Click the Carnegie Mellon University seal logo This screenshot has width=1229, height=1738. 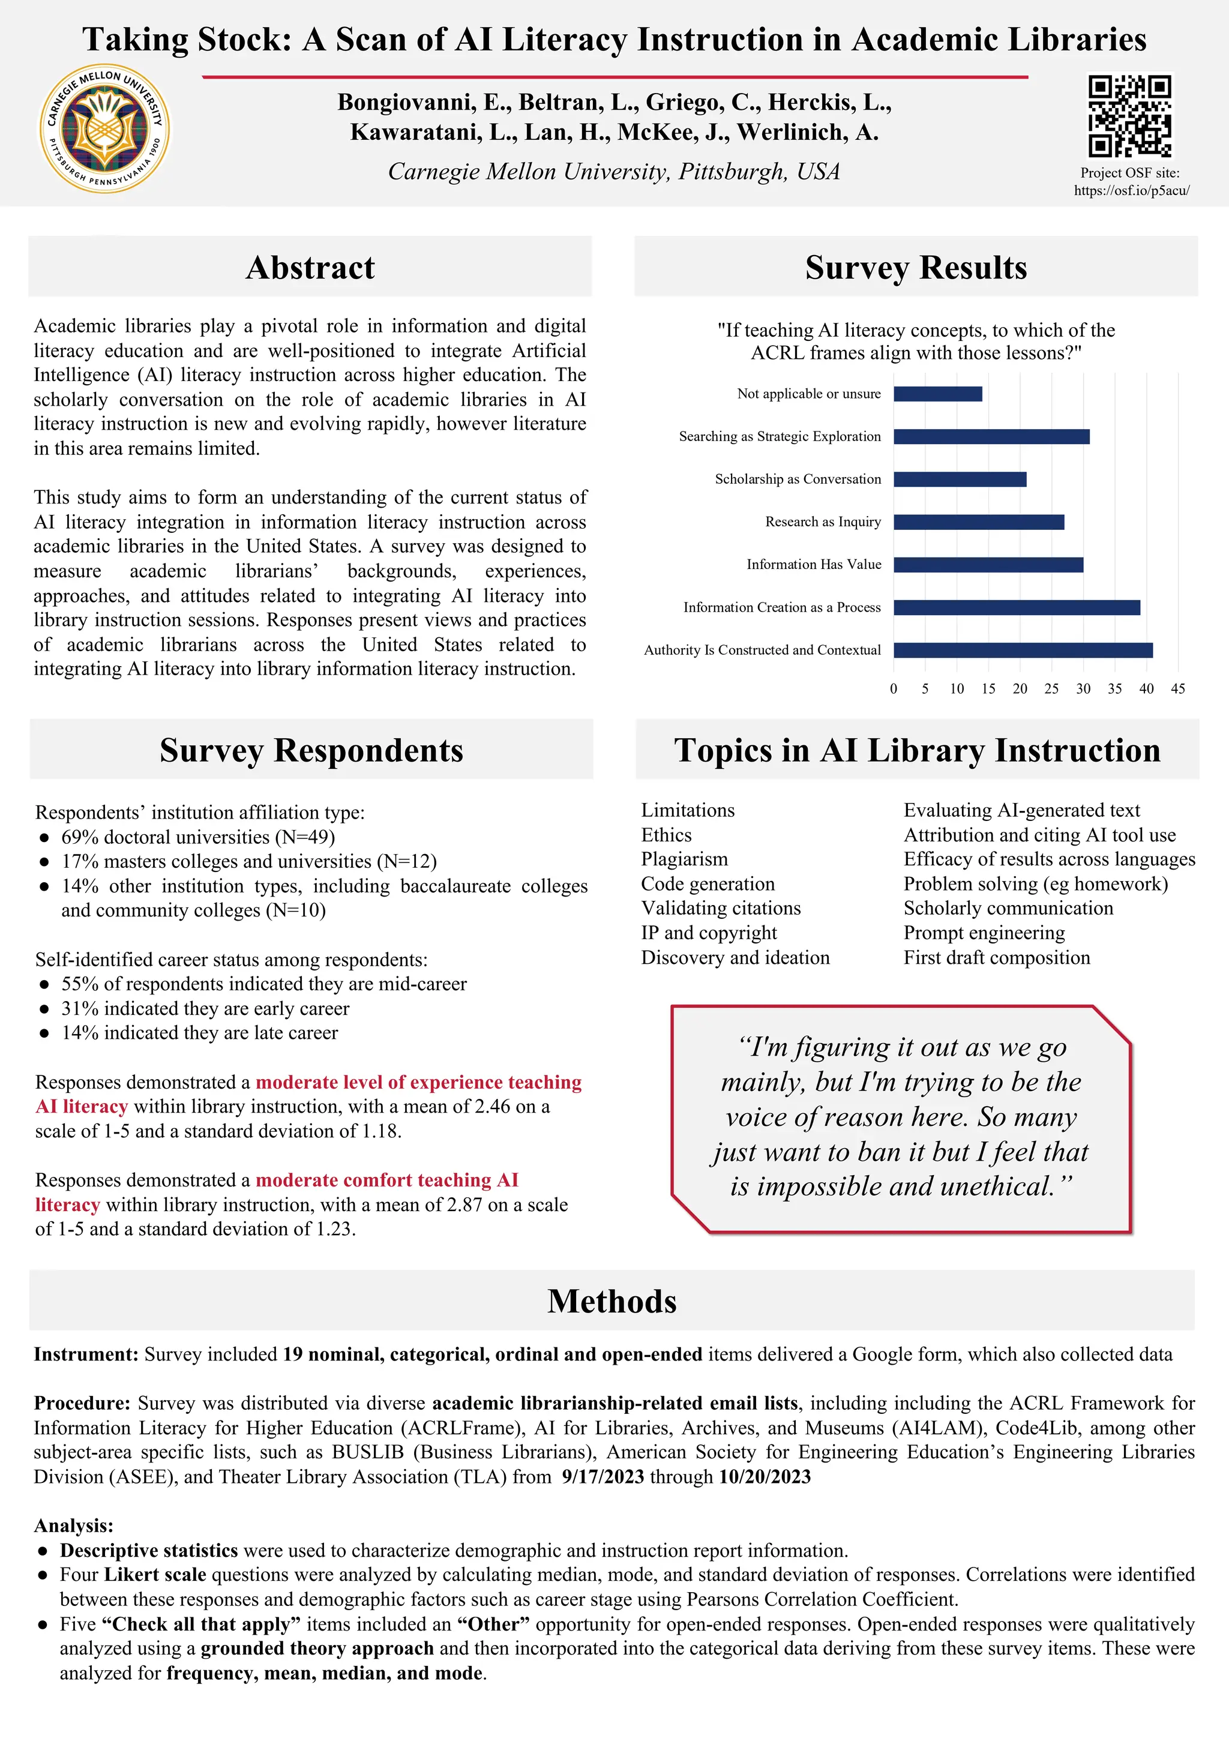coord(104,128)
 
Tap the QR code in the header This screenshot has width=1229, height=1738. coord(1129,115)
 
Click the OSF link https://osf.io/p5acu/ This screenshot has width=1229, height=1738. coord(1131,191)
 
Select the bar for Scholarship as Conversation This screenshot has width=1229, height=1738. coord(960,479)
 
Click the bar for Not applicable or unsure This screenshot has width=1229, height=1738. coord(937,394)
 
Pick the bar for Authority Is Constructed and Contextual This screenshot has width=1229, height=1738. coord(1023,650)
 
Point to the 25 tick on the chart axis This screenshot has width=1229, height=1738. coord(1051,689)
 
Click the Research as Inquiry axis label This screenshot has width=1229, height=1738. coord(823,522)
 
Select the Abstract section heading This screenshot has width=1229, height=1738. coord(310,268)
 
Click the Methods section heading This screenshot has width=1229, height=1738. coord(611,1301)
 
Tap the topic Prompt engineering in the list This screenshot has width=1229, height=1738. coord(984,933)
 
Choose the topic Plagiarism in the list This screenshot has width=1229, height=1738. coord(684,859)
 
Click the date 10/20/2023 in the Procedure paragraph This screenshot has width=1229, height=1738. coord(765,1477)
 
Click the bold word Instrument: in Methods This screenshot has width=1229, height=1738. coord(86,1355)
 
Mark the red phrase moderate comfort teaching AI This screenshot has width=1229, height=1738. coord(386,1180)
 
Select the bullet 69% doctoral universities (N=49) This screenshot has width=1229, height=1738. coord(197,837)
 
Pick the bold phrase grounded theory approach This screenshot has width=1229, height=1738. coord(316,1648)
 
